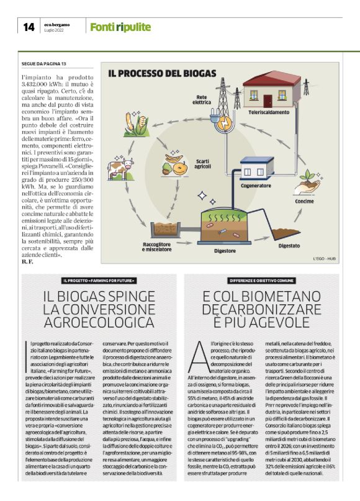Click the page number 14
point(29,27)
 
